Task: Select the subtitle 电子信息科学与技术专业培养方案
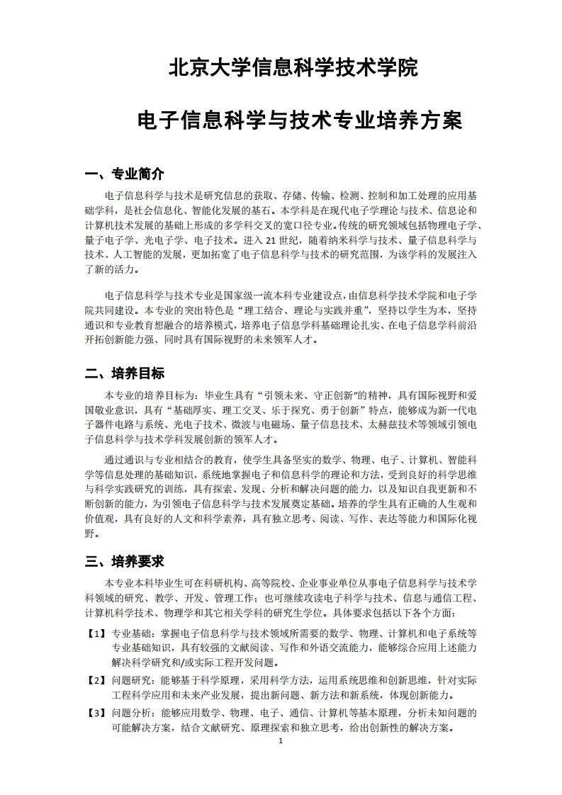tap(299, 120)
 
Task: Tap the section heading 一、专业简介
tap(124, 174)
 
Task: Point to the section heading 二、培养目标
tap(124, 373)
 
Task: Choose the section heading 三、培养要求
tap(124, 561)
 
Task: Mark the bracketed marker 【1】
tap(96, 633)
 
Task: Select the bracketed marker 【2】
tap(96, 680)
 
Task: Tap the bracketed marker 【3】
tap(96, 713)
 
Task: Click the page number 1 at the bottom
tap(281, 741)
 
